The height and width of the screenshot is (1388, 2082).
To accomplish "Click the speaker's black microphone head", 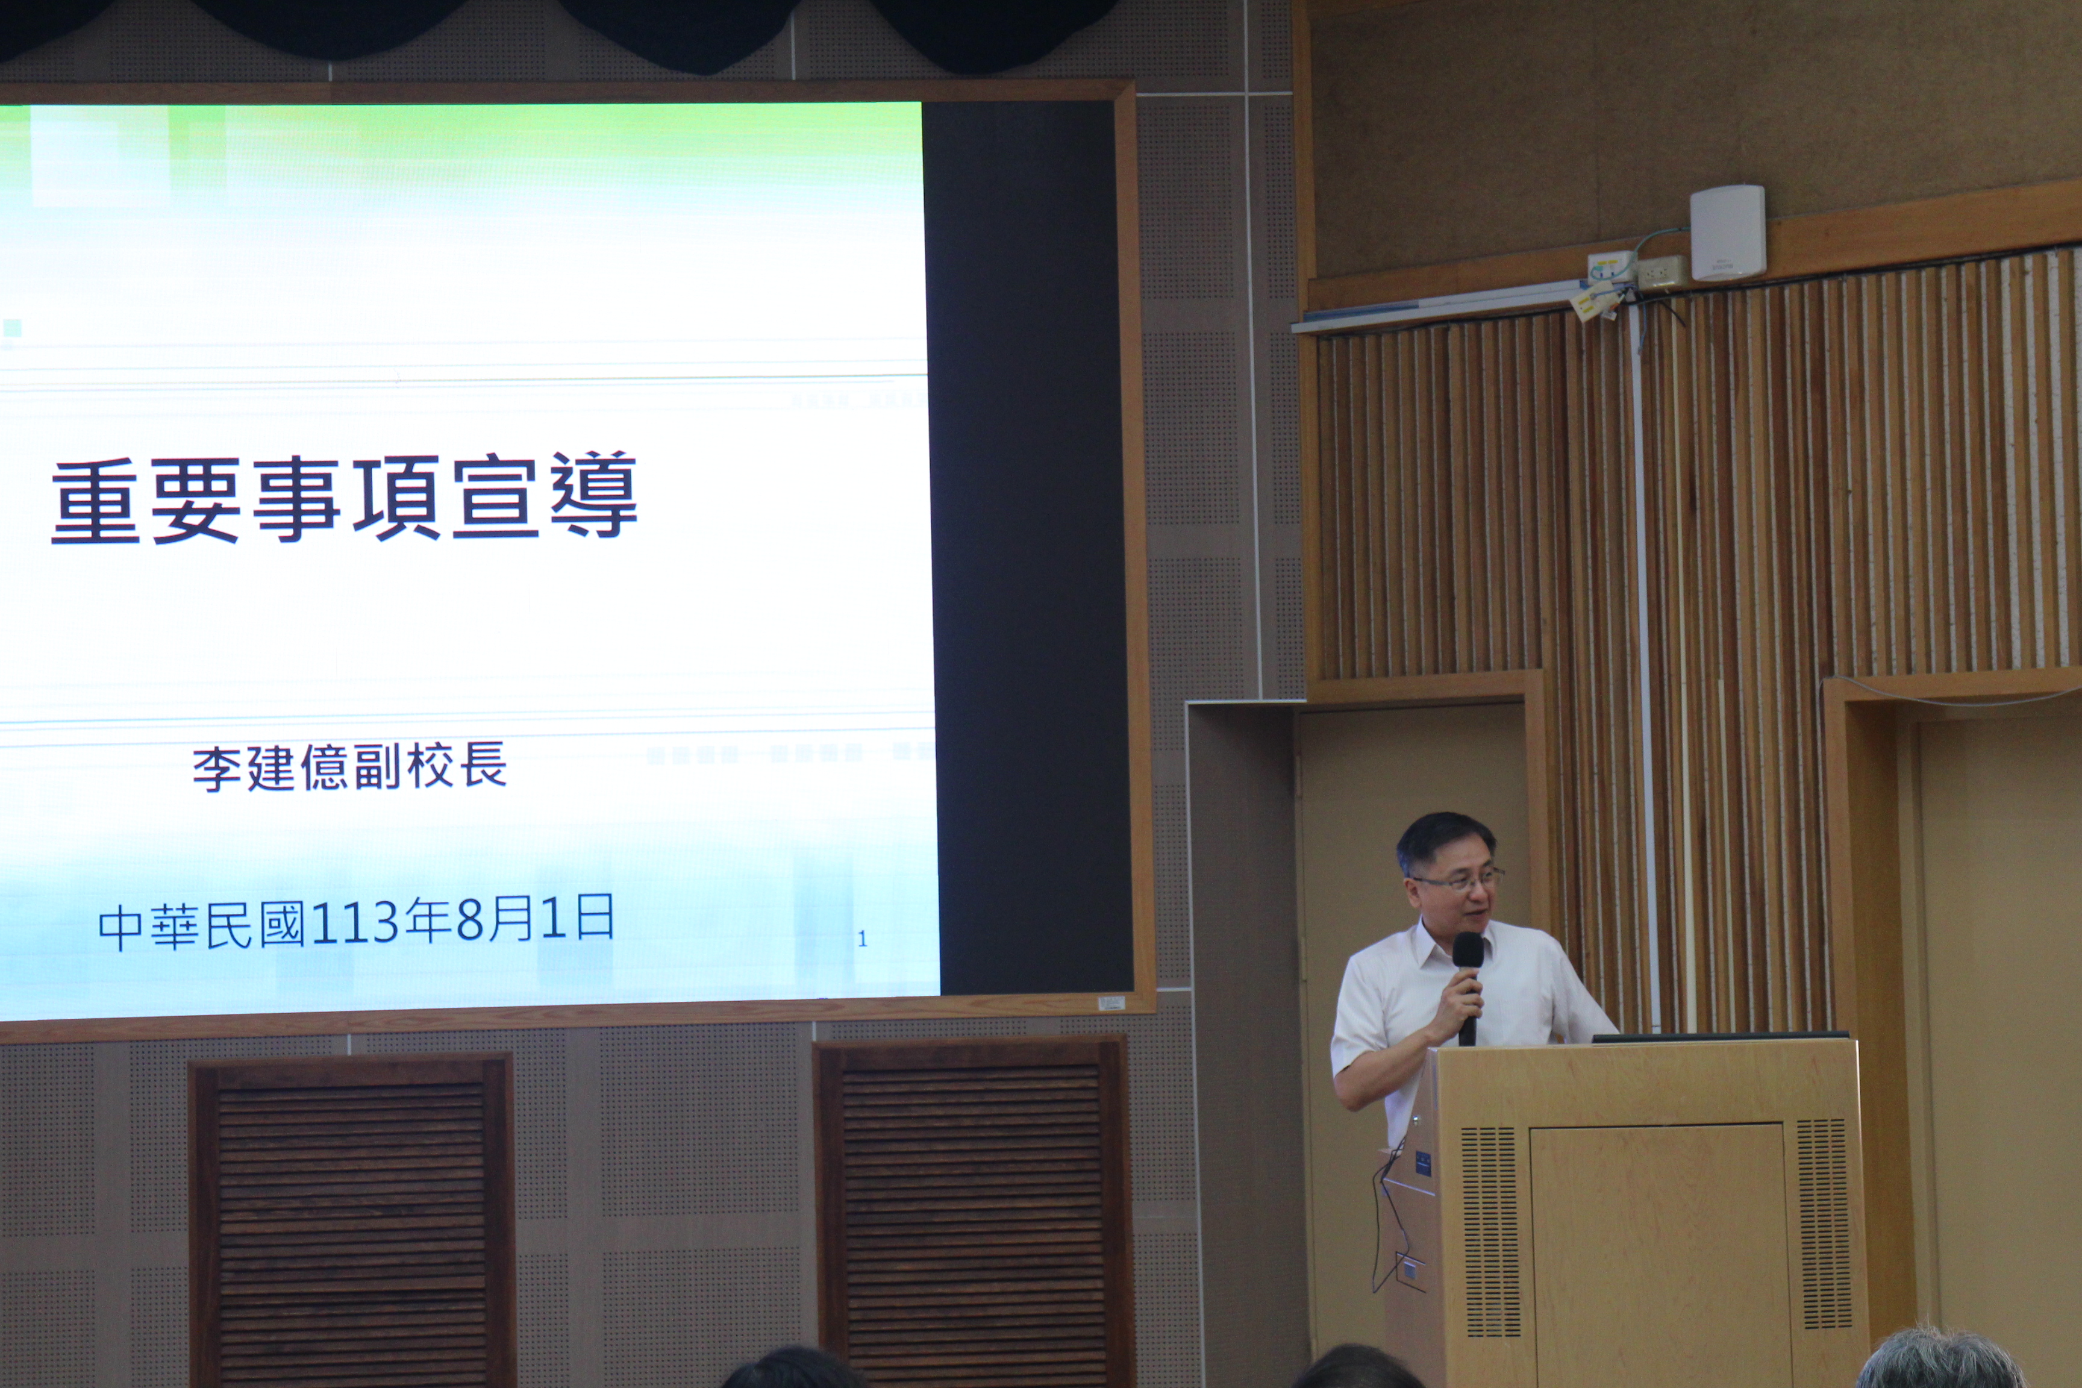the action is (1468, 950).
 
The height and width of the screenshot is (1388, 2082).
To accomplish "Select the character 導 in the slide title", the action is (593, 495).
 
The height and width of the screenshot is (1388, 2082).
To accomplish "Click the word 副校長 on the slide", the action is (430, 766).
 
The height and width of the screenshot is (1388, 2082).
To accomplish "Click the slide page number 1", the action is (862, 939).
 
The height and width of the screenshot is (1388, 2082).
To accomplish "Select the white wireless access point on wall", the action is (1727, 232).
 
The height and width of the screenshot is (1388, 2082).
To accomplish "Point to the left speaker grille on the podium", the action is (1490, 1230).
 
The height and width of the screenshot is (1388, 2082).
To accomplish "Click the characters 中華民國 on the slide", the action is (202, 926).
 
